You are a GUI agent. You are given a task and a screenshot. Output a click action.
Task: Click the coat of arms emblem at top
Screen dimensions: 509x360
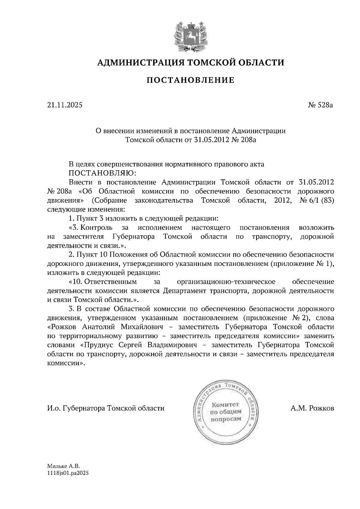[190, 36]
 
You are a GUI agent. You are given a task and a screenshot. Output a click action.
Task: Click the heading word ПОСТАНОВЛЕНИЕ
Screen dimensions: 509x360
[190, 80]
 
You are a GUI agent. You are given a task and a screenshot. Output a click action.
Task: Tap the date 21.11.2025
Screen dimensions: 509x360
[64, 105]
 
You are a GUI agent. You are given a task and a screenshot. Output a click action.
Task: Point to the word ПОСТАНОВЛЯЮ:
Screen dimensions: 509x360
[102, 173]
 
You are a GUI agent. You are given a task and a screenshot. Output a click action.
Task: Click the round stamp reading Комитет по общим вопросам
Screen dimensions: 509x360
[226, 411]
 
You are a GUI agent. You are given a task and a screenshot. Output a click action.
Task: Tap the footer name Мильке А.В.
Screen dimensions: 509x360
[64, 466]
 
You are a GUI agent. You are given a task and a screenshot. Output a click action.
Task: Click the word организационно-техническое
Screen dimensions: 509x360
[226, 282]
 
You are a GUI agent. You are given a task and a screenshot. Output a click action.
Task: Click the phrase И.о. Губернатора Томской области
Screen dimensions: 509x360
[106, 408]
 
